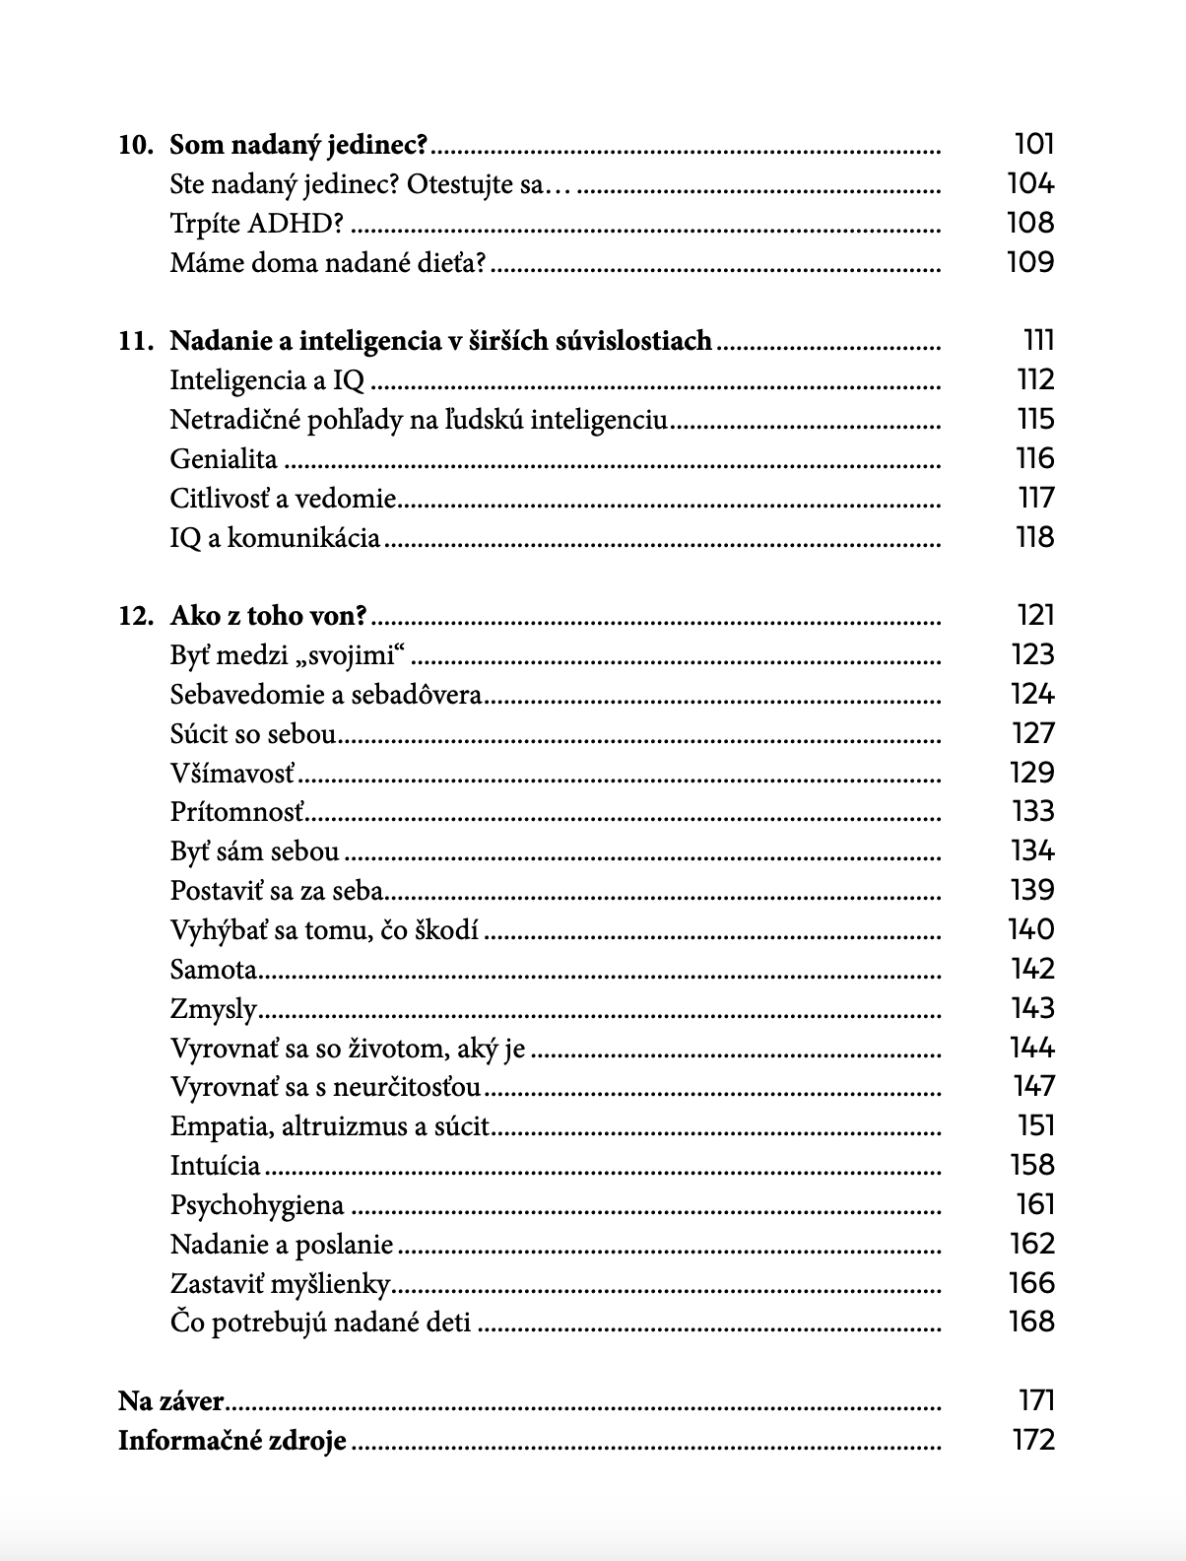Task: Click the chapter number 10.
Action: pyautogui.click(x=136, y=146)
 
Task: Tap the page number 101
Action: pyautogui.click(x=1033, y=145)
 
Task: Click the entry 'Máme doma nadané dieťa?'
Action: pyautogui.click(x=328, y=263)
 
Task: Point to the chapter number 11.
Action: pyautogui.click(x=136, y=342)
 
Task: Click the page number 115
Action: pyautogui.click(x=1035, y=420)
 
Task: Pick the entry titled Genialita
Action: pyautogui.click(x=224, y=460)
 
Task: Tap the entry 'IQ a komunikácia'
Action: pyautogui.click(x=275, y=538)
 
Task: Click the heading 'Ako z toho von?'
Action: pyautogui.click(x=268, y=617)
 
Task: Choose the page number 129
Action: pyautogui.click(x=1032, y=773)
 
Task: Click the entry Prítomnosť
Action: pyautogui.click(x=237, y=812)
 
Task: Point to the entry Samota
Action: pyautogui.click(x=214, y=970)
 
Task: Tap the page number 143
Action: pyautogui.click(x=1032, y=1008)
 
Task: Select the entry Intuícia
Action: pyautogui.click(x=216, y=1166)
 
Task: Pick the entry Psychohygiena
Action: pyautogui.click(x=257, y=1205)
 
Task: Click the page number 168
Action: pyautogui.click(x=1031, y=1322)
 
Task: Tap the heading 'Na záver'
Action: pyautogui.click(x=171, y=1401)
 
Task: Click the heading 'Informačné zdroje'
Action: pyautogui.click(x=232, y=1441)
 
